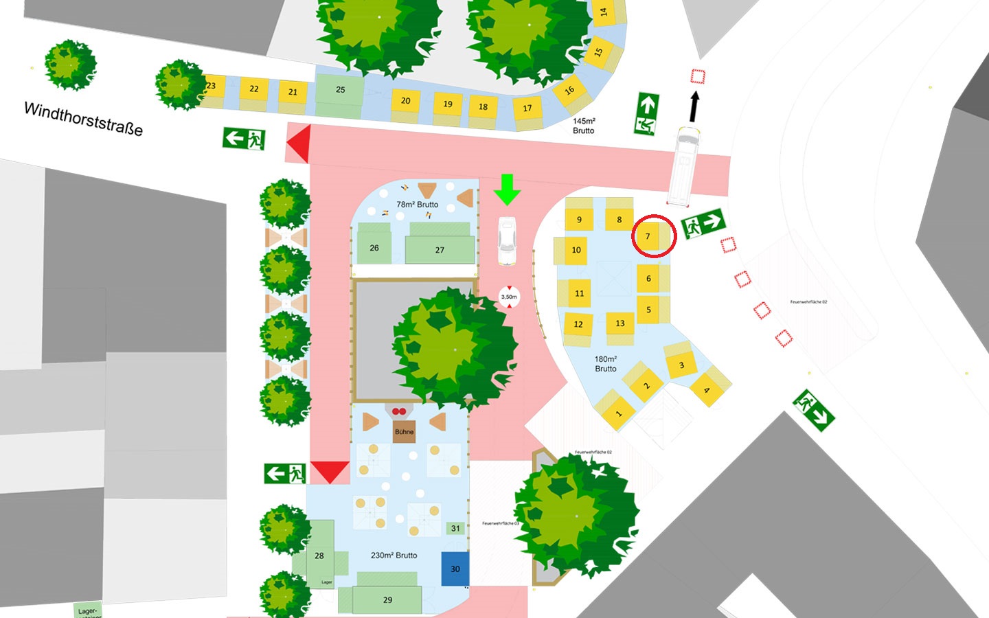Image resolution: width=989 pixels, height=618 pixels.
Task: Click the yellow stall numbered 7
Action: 648,236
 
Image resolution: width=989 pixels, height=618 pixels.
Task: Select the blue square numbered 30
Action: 455,569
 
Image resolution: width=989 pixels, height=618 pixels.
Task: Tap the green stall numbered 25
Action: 340,90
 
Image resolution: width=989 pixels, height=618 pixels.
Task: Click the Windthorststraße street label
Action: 84,119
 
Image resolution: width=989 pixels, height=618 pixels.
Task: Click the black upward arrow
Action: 694,106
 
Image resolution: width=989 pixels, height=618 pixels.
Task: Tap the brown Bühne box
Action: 404,431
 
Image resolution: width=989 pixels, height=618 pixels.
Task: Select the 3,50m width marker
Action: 509,297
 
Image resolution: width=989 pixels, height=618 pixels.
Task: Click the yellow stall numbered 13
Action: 620,323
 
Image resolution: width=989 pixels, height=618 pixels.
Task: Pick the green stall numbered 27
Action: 440,249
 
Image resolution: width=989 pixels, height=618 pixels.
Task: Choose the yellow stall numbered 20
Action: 405,101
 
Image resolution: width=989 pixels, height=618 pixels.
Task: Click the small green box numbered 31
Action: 455,528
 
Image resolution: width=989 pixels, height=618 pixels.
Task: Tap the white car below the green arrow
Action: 507,240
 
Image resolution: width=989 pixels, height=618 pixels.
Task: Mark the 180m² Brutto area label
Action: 605,364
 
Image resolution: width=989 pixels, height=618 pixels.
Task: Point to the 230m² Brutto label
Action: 394,555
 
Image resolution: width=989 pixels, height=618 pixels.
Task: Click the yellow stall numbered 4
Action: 707,391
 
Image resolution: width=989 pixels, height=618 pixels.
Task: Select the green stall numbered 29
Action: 387,599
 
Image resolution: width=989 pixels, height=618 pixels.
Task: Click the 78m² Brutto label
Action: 417,204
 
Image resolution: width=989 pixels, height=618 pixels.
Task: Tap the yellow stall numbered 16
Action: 569,90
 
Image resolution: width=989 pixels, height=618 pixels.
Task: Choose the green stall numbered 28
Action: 319,555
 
